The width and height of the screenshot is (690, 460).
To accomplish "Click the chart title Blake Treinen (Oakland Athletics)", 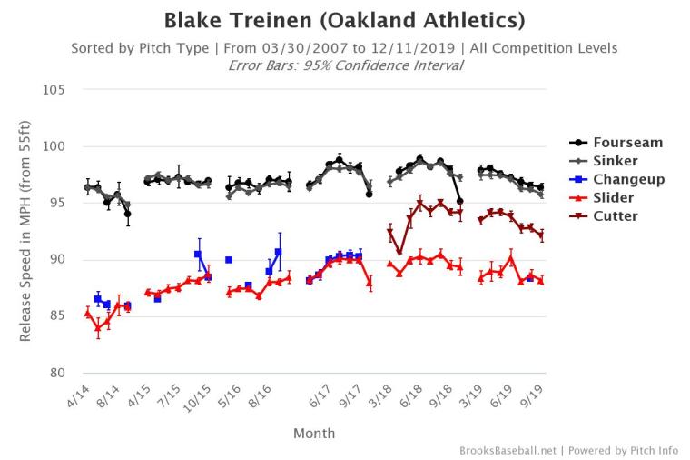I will pos(344,20).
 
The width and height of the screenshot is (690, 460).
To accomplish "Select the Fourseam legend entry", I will pos(627,143).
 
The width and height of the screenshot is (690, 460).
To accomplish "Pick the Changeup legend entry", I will pos(628,179).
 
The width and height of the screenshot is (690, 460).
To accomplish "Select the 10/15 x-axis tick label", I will pos(200,396).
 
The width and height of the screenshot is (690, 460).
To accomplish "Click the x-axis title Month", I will pos(314,434).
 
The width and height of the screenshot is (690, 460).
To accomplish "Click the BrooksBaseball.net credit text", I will pos(508,450).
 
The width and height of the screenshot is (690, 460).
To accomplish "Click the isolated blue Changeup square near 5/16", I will pos(229,260).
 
